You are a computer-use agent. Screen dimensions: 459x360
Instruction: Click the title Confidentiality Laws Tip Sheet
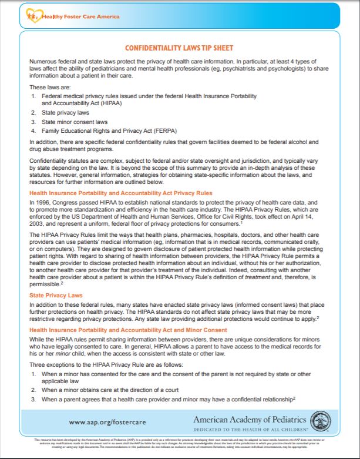point(180,48)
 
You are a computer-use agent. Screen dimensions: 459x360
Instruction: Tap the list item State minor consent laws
point(68,121)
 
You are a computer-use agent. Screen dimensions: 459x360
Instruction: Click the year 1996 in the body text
point(42,202)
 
